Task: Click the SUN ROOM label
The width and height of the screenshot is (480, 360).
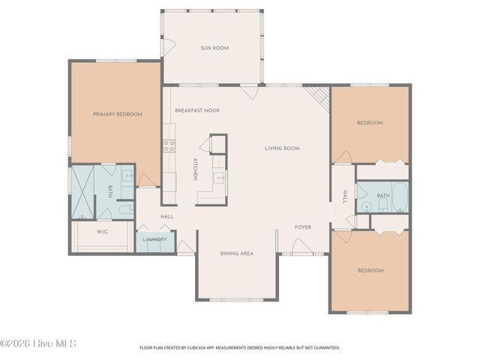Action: point(214,48)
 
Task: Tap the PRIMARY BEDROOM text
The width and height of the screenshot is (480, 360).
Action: point(117,114)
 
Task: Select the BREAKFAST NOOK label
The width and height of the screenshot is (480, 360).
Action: point(197,110)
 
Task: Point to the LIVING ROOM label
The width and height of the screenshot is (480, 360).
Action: point(282,148)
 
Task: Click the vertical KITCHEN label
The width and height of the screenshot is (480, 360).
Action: point(195,169)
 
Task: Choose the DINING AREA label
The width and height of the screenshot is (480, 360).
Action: point(236,253)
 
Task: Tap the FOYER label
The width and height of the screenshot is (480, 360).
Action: point(302,227)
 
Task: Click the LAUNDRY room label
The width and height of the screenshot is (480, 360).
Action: point(155,240)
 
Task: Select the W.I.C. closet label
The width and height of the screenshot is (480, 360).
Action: point(103,232)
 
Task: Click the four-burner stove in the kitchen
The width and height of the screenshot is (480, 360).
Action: point(169,146)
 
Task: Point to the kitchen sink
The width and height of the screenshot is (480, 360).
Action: point(218,178)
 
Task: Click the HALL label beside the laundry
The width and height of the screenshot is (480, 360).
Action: point(166,217)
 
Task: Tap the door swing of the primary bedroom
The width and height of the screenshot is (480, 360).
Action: point(147,180)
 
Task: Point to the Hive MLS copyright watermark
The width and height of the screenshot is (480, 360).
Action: point(37,343)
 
